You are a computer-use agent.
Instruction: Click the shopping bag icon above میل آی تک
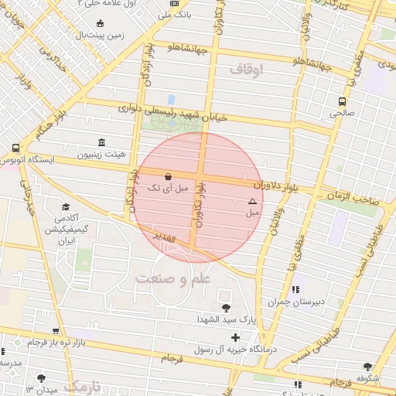pyautogui.click(x=169, y=176)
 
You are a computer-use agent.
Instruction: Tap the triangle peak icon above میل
pyautogui.click(x=251, y=200)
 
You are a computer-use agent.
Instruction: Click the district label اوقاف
pyautogui.click(x=246, y=70)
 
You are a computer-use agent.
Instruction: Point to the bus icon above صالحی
pyautogui.click(x=342, y=101)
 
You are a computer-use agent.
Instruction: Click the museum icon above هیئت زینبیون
pyautogui.click(x=102, y=142)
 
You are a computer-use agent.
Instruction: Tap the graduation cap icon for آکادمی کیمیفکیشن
pyautogui.click(x=66, y=207)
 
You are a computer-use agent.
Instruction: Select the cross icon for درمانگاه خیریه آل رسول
pyautogui.click(x=235, y=337)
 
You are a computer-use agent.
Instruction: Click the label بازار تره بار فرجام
pyautogui.click(x=55, y=341)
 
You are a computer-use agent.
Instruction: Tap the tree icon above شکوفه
pyautogui.click(x=367, y=367)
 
